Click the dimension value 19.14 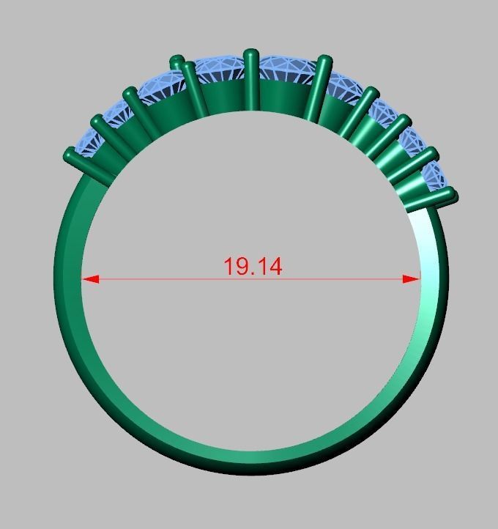253,266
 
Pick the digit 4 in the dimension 275,266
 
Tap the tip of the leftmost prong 70,155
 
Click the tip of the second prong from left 96,121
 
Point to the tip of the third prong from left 130,93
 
